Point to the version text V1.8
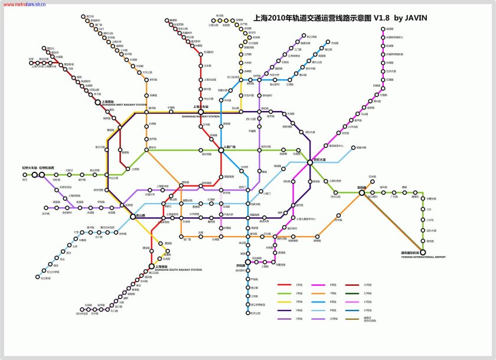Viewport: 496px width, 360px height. pyautogui.click(x=372, y=18)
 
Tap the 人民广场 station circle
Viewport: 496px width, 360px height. pyautogui.click(x=220, y=150)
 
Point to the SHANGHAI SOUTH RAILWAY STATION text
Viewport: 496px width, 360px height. pyautogui.click(x=178, y=270)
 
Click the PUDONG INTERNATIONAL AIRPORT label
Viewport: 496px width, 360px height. pyautogui.click(x=423, y=257)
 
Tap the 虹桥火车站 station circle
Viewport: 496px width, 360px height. pyautogui.click(x=34, y=175)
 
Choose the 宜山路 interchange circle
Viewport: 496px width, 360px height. pyautogui.click(x=132, y=217)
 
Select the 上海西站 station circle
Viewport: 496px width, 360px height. pyautogui.click(x=98, y=102)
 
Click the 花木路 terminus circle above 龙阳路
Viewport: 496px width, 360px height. pyautogui.click(x=372, y=181)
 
